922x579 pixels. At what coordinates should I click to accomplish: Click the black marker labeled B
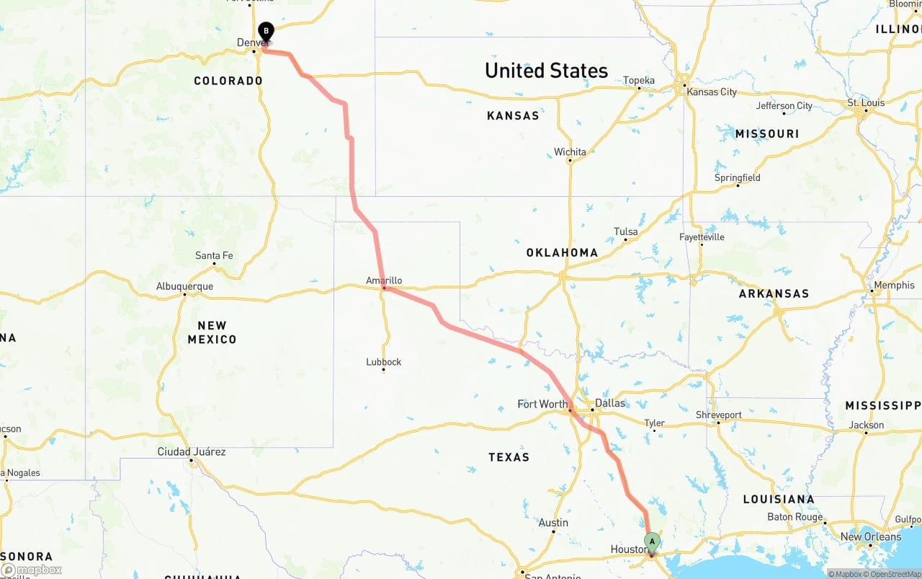click(x=267, y=32)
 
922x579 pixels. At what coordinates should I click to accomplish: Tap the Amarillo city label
click(x=384, y=280)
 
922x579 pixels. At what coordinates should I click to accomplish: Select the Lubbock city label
click(x=383, y=362)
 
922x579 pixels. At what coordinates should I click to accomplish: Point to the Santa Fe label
click(x=214, y=255)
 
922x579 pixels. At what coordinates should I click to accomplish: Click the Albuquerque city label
click(x=184, y=286)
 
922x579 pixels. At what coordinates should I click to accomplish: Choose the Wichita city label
click(x=570, y=151)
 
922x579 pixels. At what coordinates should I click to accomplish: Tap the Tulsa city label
click(x=625, y=231)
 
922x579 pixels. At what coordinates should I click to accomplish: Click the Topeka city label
click(x=639, y=80)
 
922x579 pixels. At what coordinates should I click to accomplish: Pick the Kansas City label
click(x=712, y=92)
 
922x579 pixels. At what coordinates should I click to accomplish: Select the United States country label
click(x=546, y=71)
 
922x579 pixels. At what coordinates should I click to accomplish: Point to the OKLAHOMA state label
click(x=562, y=252)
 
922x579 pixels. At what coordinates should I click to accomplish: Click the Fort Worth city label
click(x=542, y=404)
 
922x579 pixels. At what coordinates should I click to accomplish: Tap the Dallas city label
click(x=610, y=403)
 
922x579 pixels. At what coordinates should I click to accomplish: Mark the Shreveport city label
click(x=718, y=415)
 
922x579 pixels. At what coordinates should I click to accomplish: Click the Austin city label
click(x=553, y=523)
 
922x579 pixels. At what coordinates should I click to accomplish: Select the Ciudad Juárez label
click(x=192, y=452)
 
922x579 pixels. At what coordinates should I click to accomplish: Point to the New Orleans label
click(x=871, y=536)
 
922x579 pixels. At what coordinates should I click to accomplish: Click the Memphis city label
click(x=894, y=286)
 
